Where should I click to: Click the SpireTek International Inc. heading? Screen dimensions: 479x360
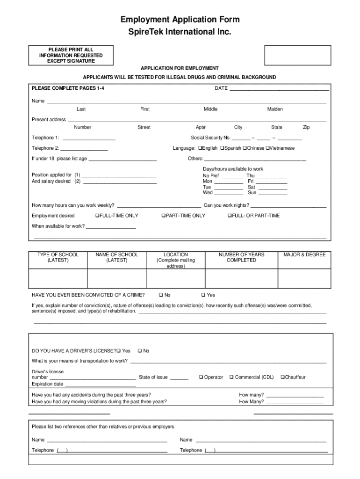(180, 32)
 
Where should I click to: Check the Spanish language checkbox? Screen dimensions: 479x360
(222, 148)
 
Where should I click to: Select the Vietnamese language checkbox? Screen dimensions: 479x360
(268, 148)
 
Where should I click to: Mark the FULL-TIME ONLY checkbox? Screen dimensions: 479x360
(97, 216)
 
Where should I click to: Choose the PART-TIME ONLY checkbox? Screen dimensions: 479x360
(163, 216)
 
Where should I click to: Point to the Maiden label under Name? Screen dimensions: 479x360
(275, 109)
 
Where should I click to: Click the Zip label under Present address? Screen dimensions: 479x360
(306, 127)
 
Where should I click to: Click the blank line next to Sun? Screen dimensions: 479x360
(273, 193)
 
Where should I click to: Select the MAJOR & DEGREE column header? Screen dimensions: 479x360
(304, 255)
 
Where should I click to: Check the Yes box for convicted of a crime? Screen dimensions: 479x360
(203, 295)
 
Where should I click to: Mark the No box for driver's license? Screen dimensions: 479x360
(139, 351)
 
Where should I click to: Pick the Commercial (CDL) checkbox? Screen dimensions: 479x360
(231, 377)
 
